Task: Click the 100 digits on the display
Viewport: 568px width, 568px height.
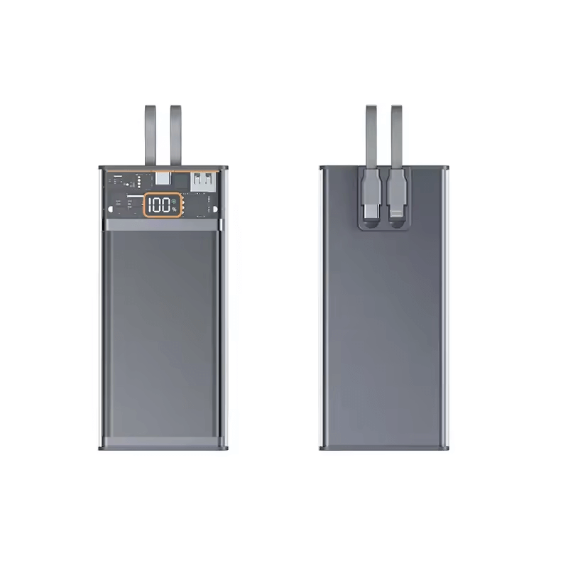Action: [x=159, y=205]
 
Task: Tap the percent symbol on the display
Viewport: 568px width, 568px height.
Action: [x=174, y=209]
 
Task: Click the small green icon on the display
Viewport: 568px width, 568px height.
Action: [x=174, y=202]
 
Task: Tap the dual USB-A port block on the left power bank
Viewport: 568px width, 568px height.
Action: [x=203, y=181]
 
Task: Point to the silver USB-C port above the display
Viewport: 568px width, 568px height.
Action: [x=163, y=179]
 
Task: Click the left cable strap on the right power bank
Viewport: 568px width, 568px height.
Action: [x=371, y=137]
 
